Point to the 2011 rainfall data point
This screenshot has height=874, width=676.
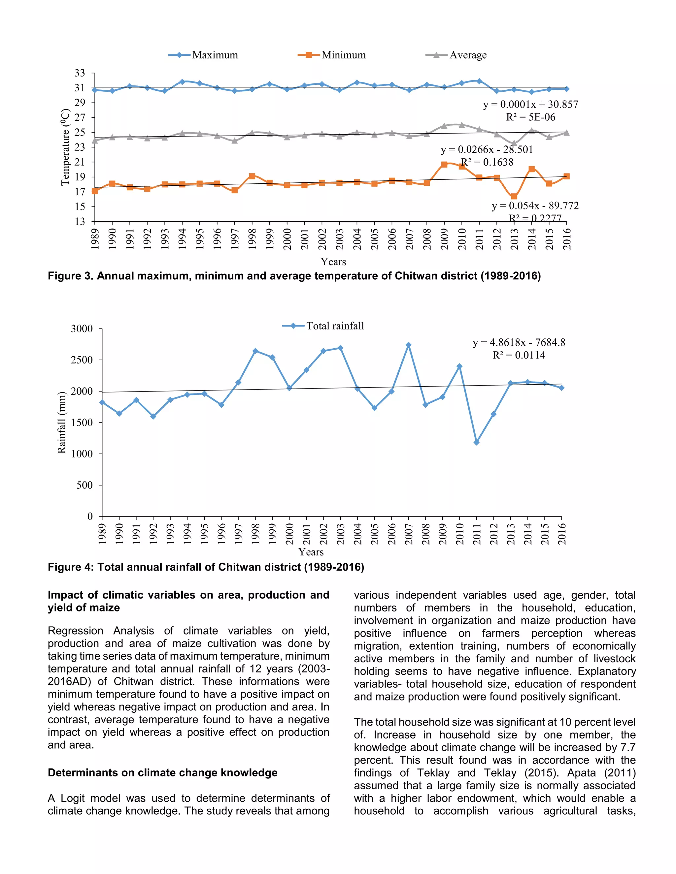(x=477, y=442)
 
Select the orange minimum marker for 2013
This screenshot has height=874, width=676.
(x=514, y=197)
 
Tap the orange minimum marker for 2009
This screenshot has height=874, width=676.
(x=444, y=165)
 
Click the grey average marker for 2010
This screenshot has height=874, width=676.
(x=462, y=125)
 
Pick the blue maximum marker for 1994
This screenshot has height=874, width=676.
(x=182, y=82)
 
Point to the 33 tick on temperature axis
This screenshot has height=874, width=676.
(x=80, y=73)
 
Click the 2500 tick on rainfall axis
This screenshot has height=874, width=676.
(x=82, y=360)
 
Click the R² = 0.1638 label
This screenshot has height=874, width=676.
(x=487, y=162)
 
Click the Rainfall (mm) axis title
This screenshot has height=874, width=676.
(x=61, y=422)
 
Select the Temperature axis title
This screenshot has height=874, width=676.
(x=65, y=148)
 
